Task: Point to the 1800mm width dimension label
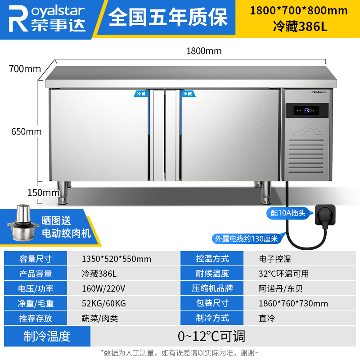coord(204,51)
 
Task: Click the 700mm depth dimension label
coord(24,69)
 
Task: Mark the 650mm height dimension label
coord(26,132)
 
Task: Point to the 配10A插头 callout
coord(288,213)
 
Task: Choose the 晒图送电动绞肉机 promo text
coord(66,227)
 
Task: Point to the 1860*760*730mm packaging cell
coord(293,303)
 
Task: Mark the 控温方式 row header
coord(212,259)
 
